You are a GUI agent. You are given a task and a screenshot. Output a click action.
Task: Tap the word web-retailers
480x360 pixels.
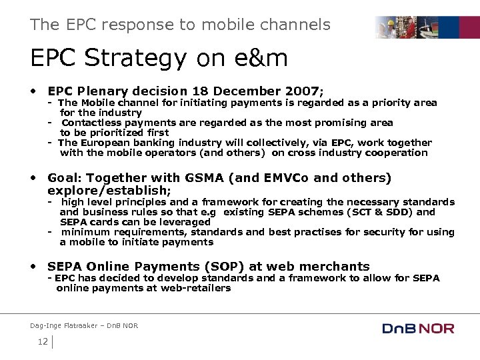coord(197,288)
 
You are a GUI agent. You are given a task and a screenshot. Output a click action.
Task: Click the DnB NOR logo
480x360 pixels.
coord(418,328)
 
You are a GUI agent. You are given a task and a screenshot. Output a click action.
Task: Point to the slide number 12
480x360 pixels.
coord(43,342)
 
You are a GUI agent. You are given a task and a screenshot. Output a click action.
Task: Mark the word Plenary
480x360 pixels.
coord(101,91)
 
